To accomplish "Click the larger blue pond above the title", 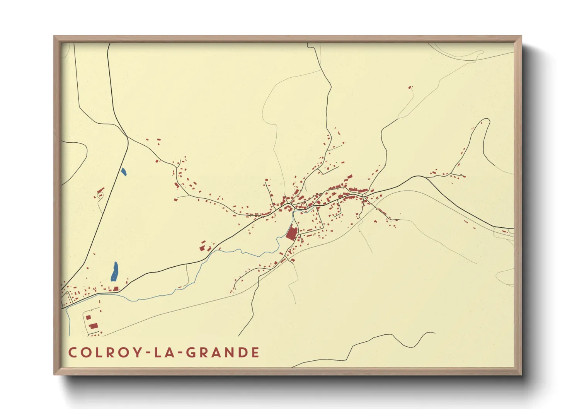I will (114, 272).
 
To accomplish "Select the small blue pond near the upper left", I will (124, 172).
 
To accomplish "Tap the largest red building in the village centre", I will (292, 233).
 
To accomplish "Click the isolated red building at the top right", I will (410, 88).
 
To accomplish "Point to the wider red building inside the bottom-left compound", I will (93, 326).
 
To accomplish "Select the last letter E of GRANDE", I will (255, 353).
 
